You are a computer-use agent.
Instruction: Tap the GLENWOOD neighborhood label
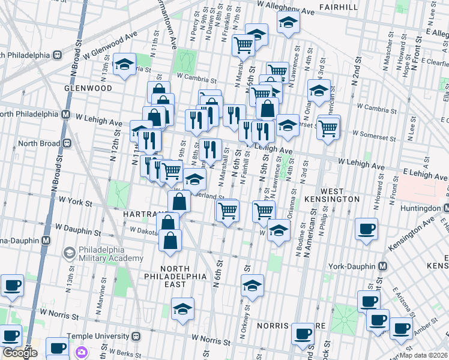(x=89, y=88)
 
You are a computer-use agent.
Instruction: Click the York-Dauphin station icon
(x=382, y=266)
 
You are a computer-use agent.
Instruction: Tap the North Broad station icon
(x=67, y=143)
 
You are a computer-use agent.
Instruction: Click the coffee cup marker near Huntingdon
(x=366, y=229)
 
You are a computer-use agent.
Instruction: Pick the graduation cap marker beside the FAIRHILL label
(x=288, y=23)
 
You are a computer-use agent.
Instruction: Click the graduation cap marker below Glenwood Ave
(x=124, y=65)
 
